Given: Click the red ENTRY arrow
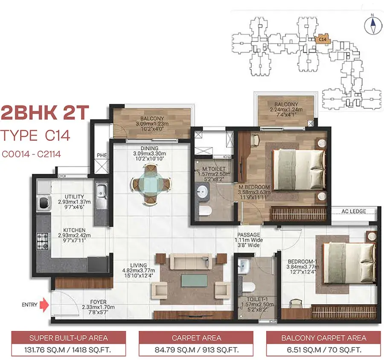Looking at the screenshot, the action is click(44, 305).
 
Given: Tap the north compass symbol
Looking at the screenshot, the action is click(373, 25).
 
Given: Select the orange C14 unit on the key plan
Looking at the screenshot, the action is click(323, 39).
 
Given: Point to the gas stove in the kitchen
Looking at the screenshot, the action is click(43, 241).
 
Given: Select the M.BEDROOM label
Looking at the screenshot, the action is click(254, 187).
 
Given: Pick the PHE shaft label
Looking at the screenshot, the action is click(102, 155).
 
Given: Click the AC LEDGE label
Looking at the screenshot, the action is click(354, 211).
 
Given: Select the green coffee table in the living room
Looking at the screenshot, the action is click(194, 280).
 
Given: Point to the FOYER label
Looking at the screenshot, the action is click(98, 302).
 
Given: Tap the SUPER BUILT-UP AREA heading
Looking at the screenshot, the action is click(69, 338).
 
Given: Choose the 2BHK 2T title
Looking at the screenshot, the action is click(45, 113).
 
